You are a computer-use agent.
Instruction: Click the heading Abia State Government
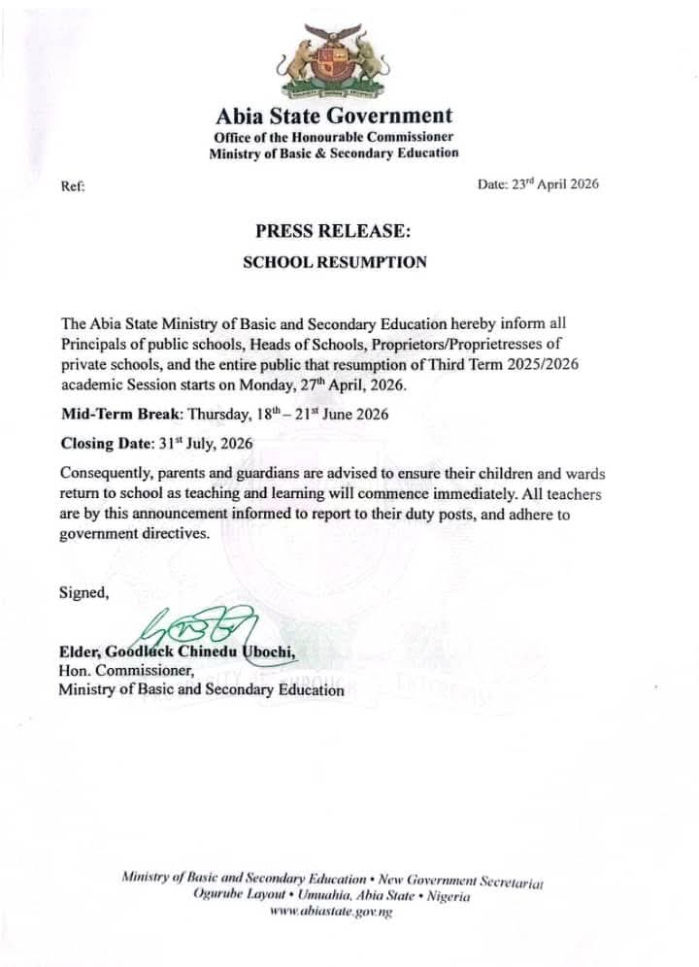point(334,117)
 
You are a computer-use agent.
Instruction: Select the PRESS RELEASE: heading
point(333,232)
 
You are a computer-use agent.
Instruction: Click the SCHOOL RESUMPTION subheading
point(333,262)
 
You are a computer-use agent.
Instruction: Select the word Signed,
point(78,590)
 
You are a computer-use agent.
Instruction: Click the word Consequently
point(108,473)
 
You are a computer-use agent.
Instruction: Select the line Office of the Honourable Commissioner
point(333,137)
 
